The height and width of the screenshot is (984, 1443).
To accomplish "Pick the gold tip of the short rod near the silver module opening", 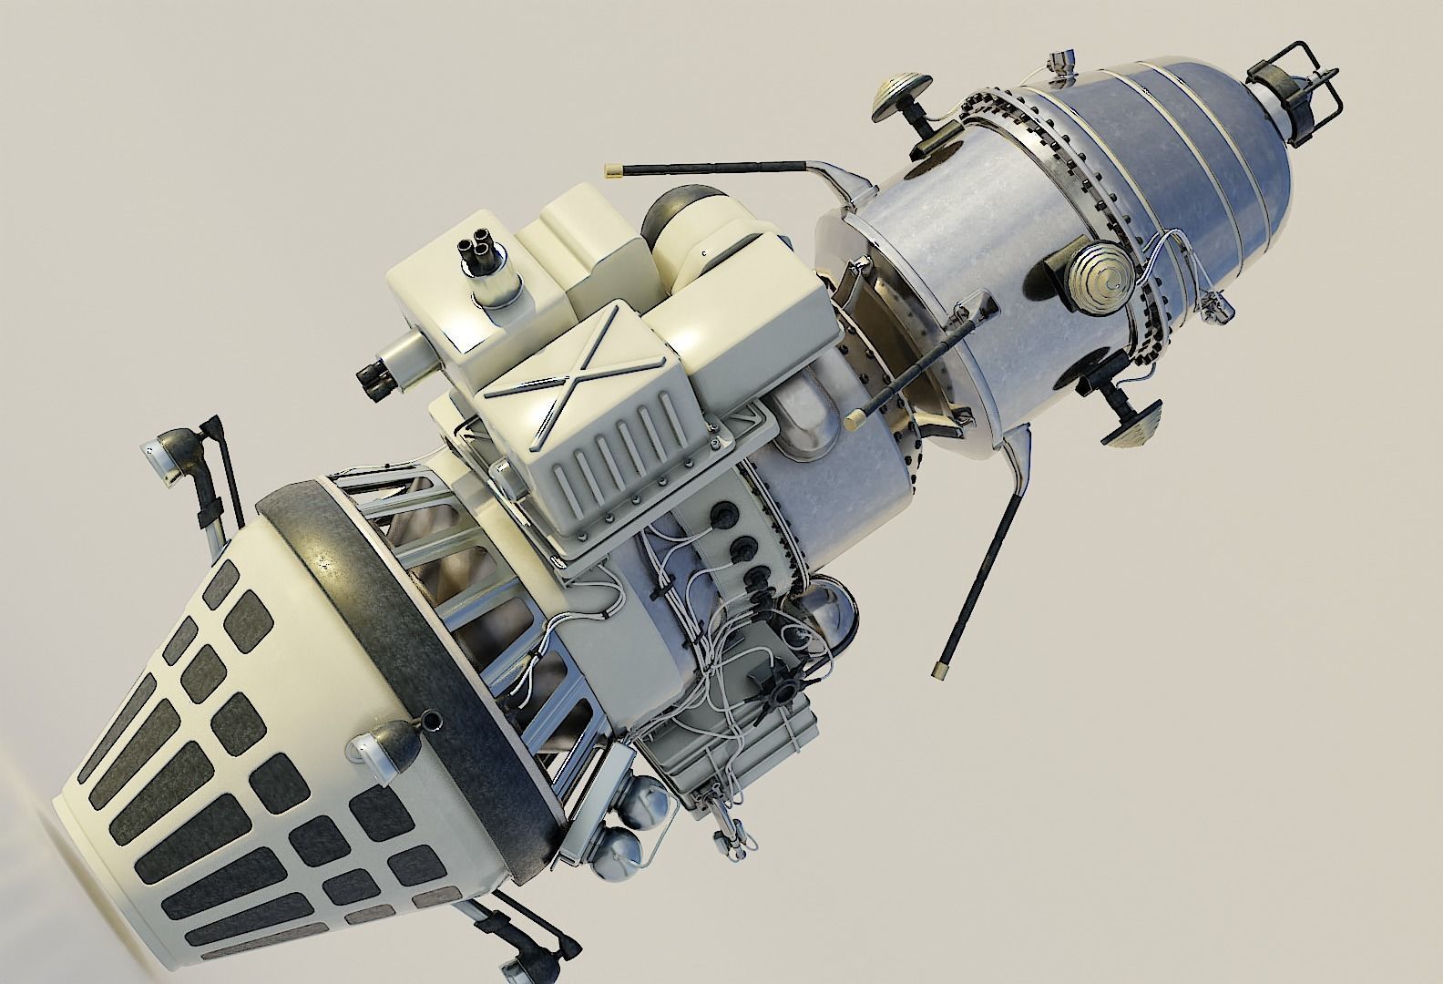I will [855, 419].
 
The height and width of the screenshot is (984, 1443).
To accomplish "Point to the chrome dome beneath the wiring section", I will [834, 606].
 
